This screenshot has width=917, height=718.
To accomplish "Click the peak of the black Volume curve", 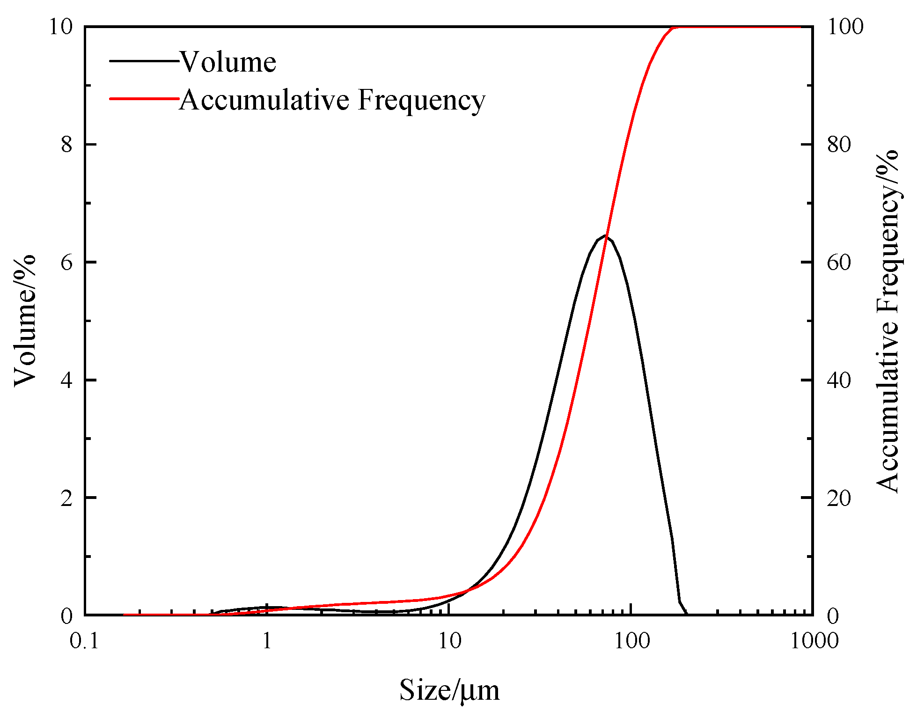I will pyautogui.click(x=605, y=235).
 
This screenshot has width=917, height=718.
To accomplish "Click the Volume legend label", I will pyautogui.click(x=228, y=62).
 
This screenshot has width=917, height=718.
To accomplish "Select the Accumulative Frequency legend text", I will pyautogui.click(x=332, y=100).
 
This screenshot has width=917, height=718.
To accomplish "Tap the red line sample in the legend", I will pyautogui.click(x=144, y=99).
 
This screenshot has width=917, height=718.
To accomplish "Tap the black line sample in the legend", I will pyautogui.click(x=144, y=61).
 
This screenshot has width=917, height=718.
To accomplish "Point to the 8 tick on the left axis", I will pyautogui.click(x=67, y=144).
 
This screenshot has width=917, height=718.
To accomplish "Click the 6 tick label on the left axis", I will pyautogui.click(x=67, y=262).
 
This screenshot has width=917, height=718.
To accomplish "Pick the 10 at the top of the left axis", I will pyautogui.click(x=61, y=27).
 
